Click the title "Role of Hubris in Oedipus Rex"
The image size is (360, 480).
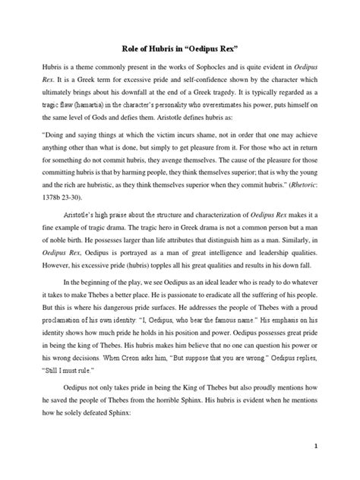pos(180,44)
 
